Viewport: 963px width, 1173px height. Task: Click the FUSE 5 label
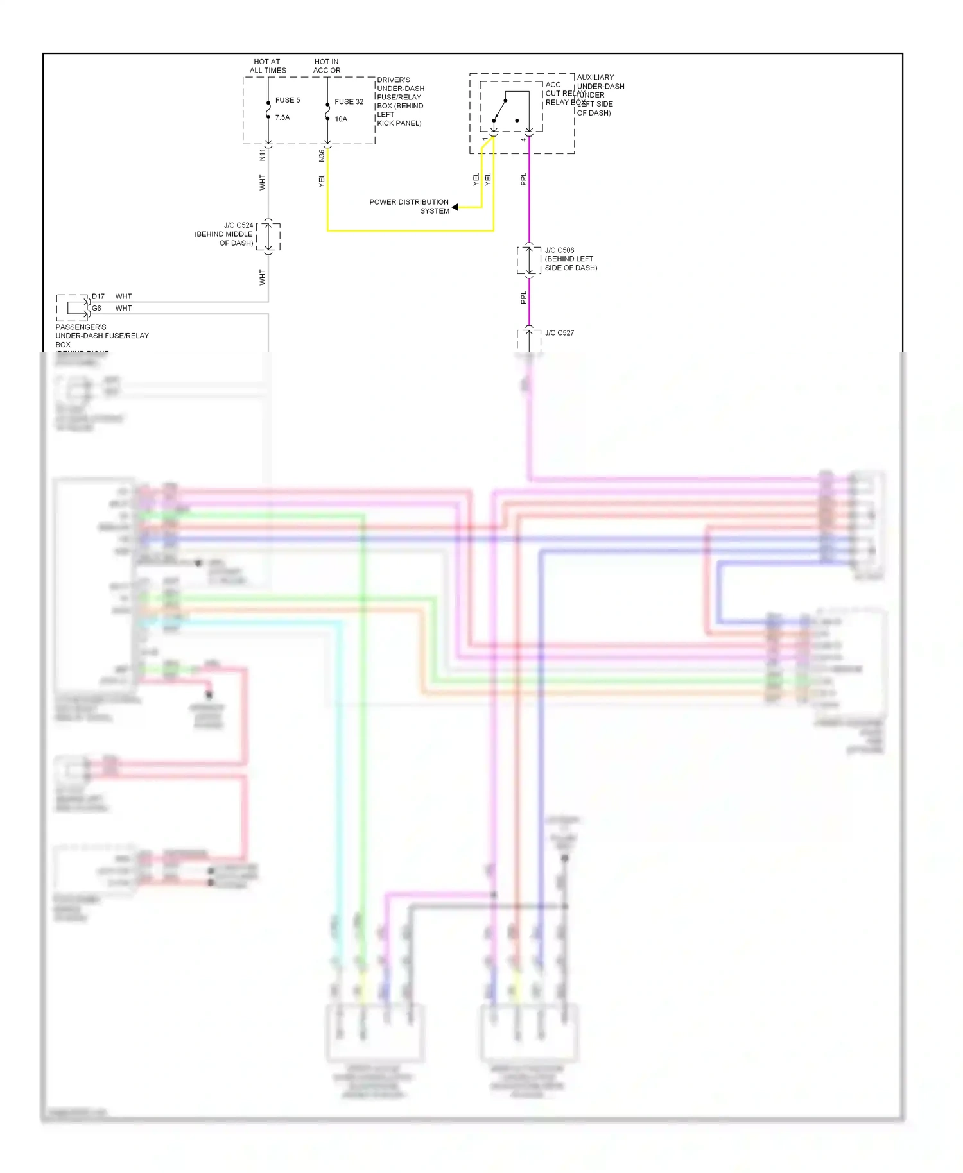point(287,100)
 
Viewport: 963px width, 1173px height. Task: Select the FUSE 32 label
point(349,101)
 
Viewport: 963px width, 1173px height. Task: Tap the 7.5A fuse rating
point(282,117)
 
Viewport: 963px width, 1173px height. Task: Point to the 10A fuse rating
point(341,119)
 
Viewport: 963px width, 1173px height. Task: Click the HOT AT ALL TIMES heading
point(268,66)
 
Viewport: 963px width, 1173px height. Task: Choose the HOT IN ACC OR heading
point(327,66)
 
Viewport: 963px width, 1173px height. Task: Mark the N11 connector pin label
point(262,155)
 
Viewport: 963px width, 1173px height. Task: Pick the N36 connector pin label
point(322,155)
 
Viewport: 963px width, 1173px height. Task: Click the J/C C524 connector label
point(238,225)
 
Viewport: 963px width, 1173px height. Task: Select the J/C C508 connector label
point(559,250)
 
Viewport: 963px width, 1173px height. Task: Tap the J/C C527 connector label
point(559,333)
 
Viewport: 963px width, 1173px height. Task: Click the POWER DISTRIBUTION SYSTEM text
point(409,206)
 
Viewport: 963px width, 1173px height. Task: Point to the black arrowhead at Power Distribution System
point(455,207)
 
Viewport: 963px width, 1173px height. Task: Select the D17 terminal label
point(98,296)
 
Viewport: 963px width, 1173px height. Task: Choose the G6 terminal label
point(96,308)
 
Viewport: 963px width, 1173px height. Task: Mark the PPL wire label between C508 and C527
point(523,297)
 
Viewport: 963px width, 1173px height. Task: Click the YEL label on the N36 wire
point(322,181)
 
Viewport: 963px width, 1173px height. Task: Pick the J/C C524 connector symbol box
point(268,237)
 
